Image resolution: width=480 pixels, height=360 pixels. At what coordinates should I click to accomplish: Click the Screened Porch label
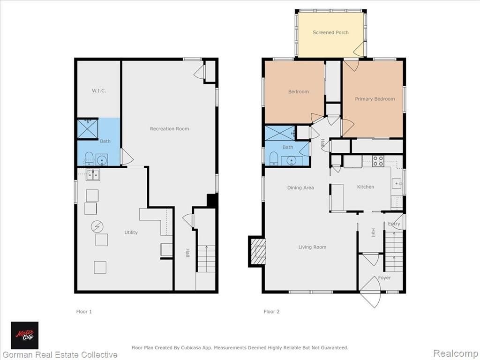click(330, 32)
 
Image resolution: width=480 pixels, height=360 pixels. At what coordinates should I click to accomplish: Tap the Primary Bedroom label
click(375, 99)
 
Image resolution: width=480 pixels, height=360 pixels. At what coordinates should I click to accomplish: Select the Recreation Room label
click(169, 129)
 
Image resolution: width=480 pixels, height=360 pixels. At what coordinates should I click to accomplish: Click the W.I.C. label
click(99, 90)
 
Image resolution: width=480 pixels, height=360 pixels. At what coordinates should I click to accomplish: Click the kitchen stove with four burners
click(378, 161)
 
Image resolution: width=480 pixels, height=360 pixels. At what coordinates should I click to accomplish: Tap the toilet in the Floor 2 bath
click(274, 158)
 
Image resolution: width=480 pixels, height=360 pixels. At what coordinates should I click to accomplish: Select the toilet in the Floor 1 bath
click(89, 158)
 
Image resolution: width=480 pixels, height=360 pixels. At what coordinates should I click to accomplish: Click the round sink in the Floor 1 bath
click(102, 159)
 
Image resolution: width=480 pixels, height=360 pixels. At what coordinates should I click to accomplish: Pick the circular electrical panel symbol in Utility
click(97, 227)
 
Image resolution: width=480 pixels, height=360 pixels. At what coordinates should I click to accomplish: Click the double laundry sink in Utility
click(93, 175)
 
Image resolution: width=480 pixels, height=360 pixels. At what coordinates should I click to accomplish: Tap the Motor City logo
click(25, 336)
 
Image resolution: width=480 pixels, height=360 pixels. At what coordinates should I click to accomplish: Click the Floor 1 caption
click(84, 312)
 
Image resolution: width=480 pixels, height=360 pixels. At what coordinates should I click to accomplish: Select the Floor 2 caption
click(271, 312)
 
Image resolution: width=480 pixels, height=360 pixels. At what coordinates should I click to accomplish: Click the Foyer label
click(384, 277)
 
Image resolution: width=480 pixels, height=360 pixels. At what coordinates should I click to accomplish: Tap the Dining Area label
click(300, 187)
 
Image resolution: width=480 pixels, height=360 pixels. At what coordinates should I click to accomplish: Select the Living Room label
click(312, 247)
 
